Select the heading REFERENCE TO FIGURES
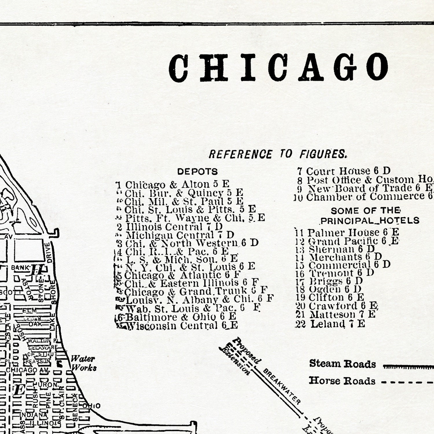pyautogui.click(x=278, y=154)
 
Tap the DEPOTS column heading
pyautogui.click(x=197, y=172)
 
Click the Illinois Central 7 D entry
pyautogui.click(x=174, y=227)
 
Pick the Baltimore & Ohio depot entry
pyautogui.click(x=177, y=317)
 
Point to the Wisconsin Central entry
pyautogui.click(x=179, y=326)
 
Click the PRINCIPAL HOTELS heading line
pyautogui.click(x=369, y=221)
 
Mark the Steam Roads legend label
pyautogui.click(x=342, y=364)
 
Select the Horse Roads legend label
pyautogui.click(x=342, y=381)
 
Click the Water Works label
pyautogui.click(x=84, y=363)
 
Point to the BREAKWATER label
pyautogui.click(x=282, y=387)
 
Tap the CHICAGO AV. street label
pyautogui.click(x=28, y=370)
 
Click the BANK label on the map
pyautogui.click(x=20, y=268)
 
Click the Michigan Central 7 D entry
pyautogui.click(x=179, y=235)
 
